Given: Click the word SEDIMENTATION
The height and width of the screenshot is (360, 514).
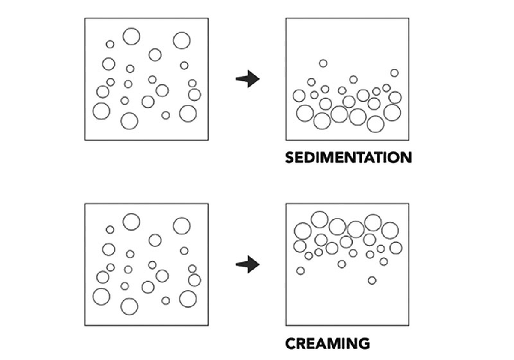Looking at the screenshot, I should coord(348,157).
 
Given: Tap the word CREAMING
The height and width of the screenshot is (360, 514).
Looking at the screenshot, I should coord(328,343).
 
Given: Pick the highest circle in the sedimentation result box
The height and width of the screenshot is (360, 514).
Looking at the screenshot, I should coord(323,63).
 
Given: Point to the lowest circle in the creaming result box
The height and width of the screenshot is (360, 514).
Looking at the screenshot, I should coord(372,280).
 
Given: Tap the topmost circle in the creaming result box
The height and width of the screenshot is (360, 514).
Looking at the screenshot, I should coord(319,219).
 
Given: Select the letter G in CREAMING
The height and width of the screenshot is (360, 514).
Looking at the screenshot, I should coord(363,343).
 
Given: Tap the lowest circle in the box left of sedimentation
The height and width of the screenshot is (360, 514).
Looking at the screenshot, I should coord(129,121).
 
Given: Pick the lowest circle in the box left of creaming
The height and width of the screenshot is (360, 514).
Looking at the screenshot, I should coord(129,306).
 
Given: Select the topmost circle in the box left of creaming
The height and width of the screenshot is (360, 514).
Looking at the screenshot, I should coord(131,222).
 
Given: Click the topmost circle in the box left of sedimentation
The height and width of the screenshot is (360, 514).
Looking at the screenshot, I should coord(131,36).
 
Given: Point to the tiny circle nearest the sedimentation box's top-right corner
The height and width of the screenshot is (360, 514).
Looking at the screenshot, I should coord(394,73).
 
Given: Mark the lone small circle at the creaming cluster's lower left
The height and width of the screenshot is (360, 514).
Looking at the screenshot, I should coord(300,271).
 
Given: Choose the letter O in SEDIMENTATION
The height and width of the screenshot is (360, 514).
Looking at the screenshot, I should coord(392,157).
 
